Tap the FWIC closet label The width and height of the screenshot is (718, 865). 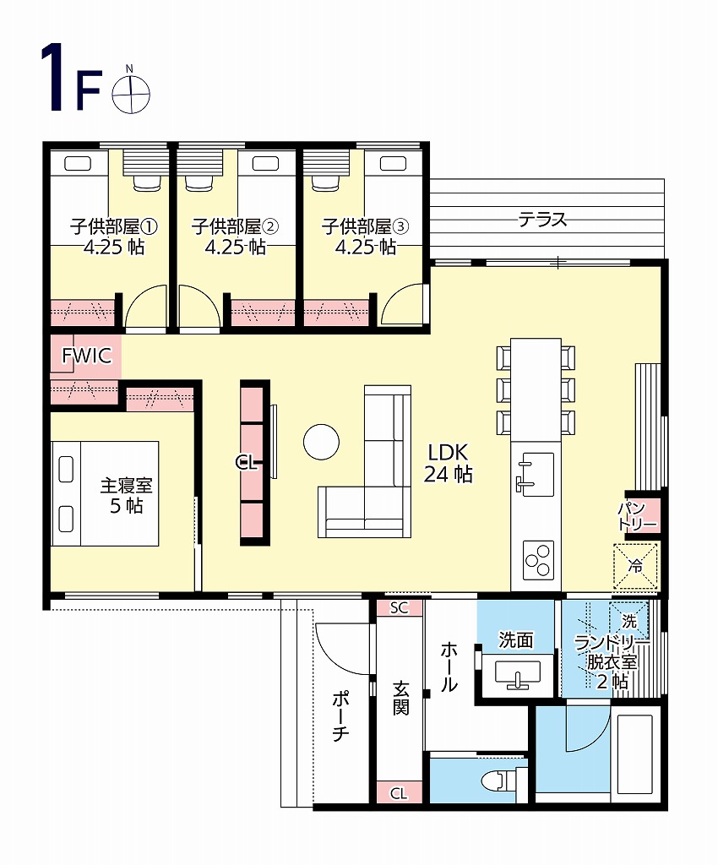pos(86,356)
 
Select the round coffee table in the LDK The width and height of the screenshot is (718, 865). pos(321,441)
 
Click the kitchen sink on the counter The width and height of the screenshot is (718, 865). pos(536,474)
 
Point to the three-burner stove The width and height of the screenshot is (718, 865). pos(538,560)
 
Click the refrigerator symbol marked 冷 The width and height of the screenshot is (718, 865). pos(635,566)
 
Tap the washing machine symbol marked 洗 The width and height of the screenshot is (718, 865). pos(629,621)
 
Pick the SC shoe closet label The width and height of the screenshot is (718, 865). pos(399,608)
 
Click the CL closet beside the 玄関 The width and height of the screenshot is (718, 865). pos(399,793)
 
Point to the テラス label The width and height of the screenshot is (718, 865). pos(542,220)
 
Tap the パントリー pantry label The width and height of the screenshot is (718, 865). pos(637,516)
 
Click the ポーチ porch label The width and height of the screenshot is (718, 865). pos(340,715)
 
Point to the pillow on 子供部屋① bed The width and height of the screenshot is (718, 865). pos(78,163)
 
